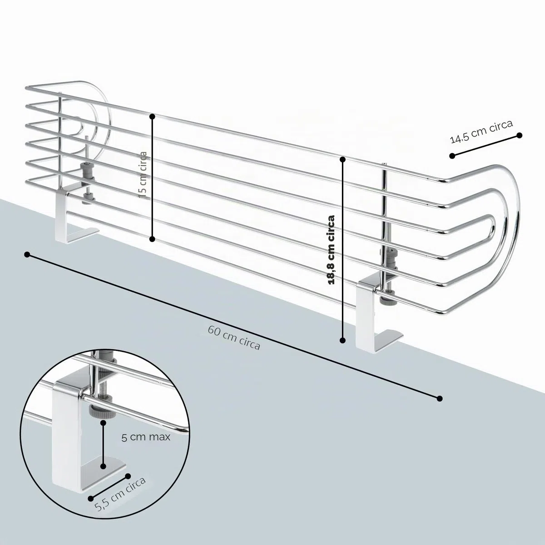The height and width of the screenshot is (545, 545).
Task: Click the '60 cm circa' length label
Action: [x=234, y=338]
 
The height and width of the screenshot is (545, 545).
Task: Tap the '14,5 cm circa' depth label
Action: [x=481, y=132]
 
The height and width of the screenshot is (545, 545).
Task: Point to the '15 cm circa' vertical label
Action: [x=143, y=174]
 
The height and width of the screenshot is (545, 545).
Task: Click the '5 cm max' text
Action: [x=146, y=437]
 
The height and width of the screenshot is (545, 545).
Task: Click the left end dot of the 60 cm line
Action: [x=27, y=255]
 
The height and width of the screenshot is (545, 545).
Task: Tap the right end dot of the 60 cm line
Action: [x=440, y=398]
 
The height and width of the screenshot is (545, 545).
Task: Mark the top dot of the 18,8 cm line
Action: [x=343, y=159]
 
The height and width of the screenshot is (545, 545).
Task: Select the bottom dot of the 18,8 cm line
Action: [x=342, y=341]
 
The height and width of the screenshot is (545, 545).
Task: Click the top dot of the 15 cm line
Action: [x=153, y=116]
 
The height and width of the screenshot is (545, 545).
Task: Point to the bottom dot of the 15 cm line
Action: [x=152, y=239]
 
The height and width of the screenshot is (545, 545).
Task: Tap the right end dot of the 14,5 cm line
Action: [x=519, y=135]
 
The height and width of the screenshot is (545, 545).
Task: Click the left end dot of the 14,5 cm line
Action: [x=452, y=156]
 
